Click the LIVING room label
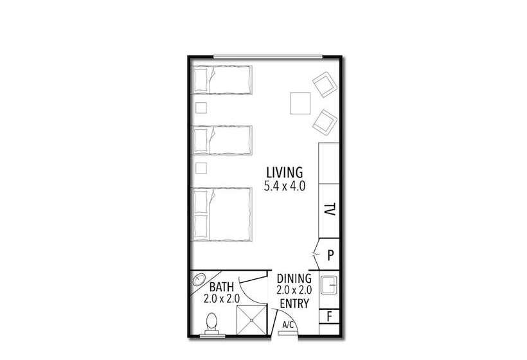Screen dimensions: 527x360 (x=285, y=172)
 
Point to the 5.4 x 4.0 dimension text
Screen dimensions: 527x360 (x=285, y=186)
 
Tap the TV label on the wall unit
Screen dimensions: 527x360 (x=330, y=209)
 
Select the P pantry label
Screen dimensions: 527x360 (x=331, y=256)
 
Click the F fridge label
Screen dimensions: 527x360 (x=330, y=317)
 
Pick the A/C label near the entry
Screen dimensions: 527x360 (x=288, y=325)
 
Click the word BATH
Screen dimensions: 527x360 (x=222, y=287)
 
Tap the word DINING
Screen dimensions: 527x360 (x=294, y=278)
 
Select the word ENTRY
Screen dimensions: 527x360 (x=294, y=303)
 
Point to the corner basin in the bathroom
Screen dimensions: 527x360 (x=199, y=280)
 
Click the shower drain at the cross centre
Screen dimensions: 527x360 (x=252, y=320)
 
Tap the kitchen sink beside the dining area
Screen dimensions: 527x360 (x=329, y=285)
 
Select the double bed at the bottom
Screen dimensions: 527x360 (x=222, y=214)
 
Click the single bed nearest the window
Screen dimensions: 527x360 (x=222, y=80)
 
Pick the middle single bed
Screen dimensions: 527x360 (x=222, y=140)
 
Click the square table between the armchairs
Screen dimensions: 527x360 (x=300, y=104)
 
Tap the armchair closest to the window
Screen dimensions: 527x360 (x=325, y=84)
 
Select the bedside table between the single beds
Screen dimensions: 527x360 (x=201, y=108)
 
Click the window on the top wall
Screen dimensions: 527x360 (x=268, y=57)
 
